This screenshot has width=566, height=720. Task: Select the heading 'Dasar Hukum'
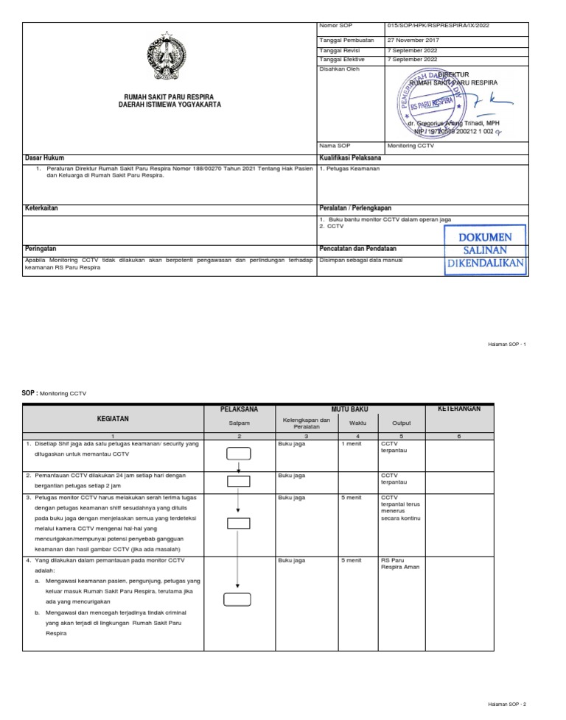tap(45, 158)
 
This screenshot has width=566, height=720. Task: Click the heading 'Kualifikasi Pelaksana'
tap(350, 158)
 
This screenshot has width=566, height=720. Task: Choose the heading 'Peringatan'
tap(41, 249)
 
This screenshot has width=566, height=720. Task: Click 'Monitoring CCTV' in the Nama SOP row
tap(411, 146)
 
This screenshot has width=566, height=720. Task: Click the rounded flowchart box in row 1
tap(239, 453)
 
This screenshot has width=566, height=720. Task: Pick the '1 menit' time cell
tap(351, 445)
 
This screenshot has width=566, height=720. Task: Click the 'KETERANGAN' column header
tap(460, 409)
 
